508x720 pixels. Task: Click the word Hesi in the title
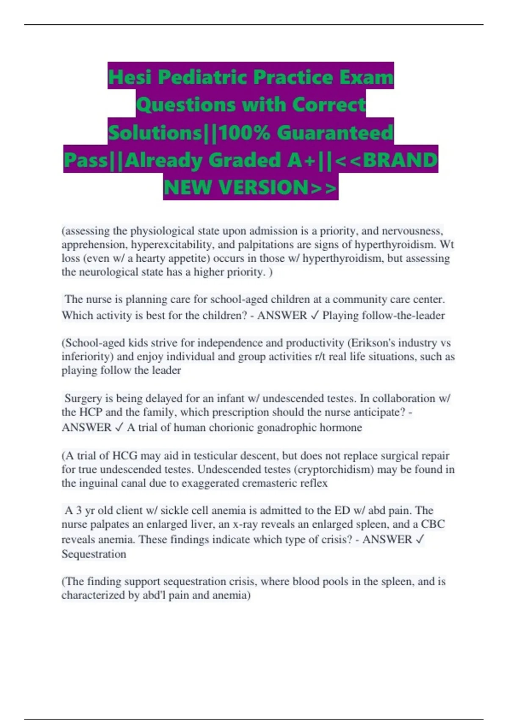130,77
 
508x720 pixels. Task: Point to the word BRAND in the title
400,160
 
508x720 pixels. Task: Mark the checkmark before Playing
314,316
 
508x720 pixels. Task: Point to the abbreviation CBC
433,524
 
